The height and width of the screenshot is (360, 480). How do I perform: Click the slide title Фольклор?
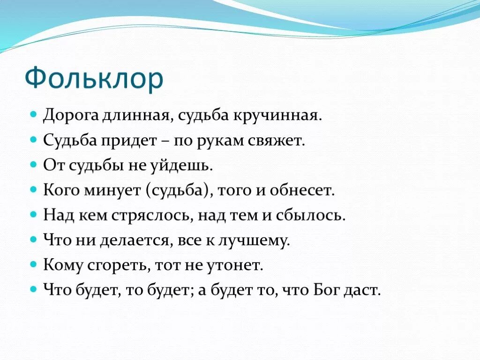pyautogui.click(x=94, y=78)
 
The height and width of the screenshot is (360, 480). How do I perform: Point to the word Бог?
pyautogui.click(x=323, y=291)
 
